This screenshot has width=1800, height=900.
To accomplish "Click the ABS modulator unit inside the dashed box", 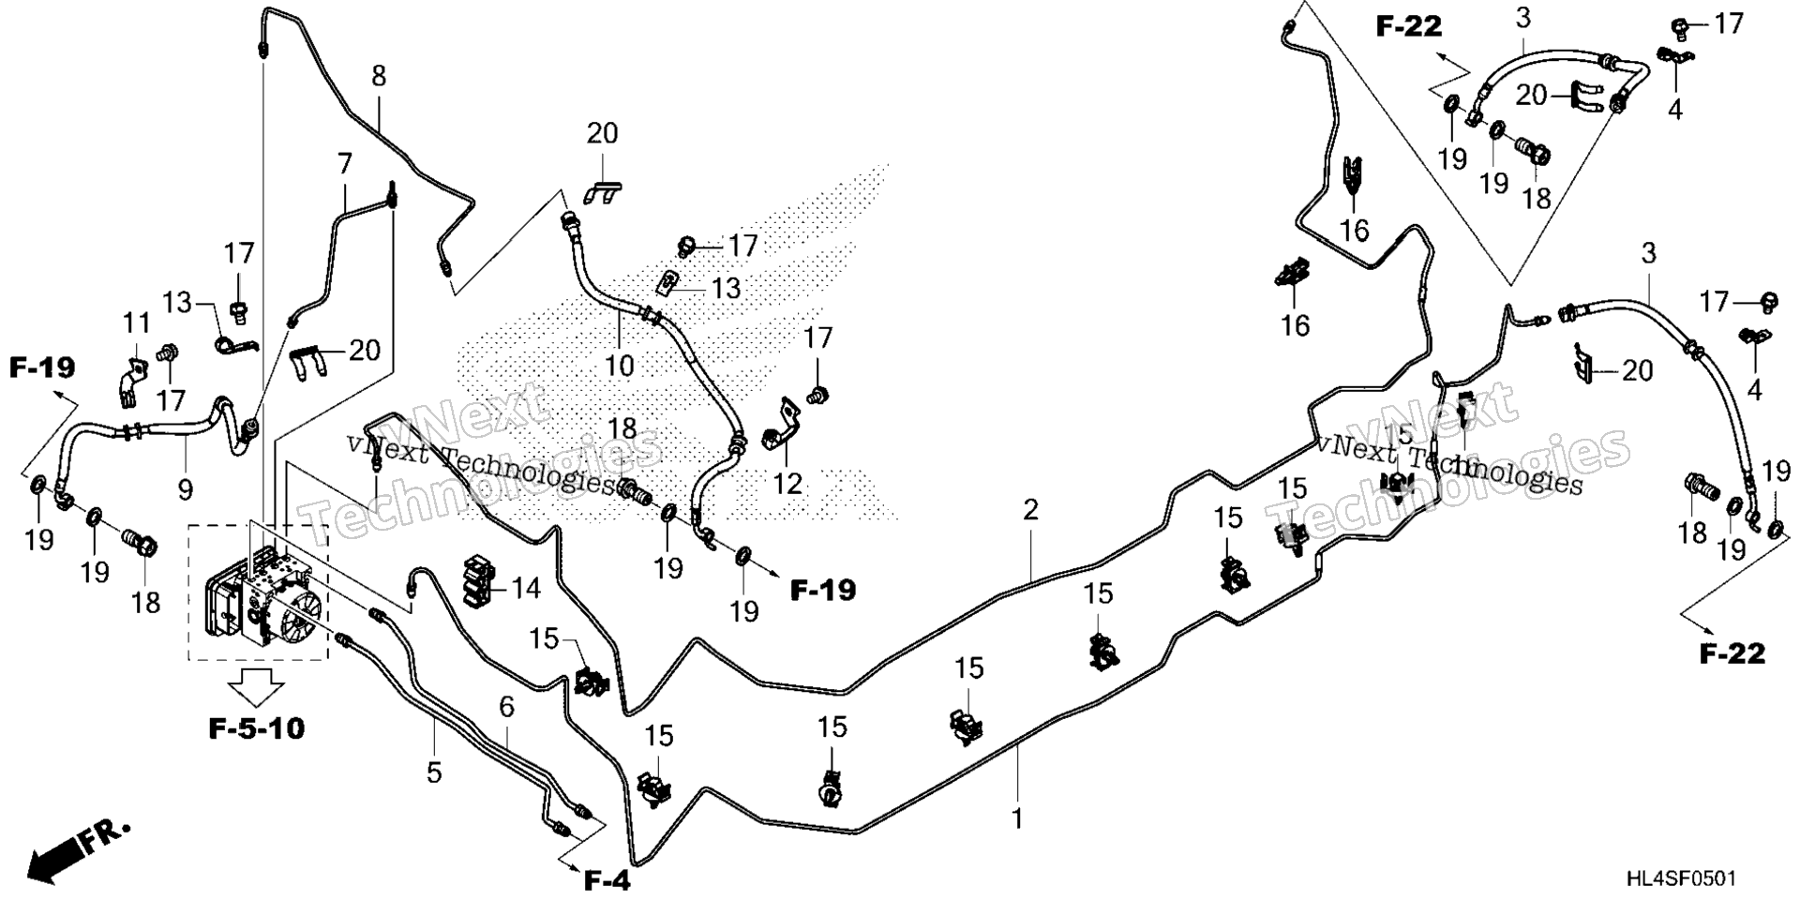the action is pyautogui.click(x=259, y=594).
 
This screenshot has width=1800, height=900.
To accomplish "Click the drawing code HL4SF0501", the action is pyautogui.click(x=1681, y=878).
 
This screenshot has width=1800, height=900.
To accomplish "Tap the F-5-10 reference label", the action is pyautogui.click(x=255, y=728).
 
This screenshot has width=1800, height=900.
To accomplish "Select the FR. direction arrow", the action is pyautogui.click(x=80, y=851).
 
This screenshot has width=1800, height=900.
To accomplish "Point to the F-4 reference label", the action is pyautogui.click(x=607, y=880).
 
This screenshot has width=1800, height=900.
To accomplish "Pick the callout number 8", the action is pyautogui.click(x=378, y=76).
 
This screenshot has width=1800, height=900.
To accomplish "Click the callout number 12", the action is pyautogui.click(x=787, y=483).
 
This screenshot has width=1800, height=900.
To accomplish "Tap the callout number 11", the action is pyautogui.click(x=137, y=323).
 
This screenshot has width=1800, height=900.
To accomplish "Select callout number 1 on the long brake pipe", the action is pyautogui.click(x=1017, y=818).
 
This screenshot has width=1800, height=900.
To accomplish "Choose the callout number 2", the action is pyautogui.click(x=1031, y=510).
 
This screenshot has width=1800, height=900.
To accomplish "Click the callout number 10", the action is pyautogui.click(x=619, y=365).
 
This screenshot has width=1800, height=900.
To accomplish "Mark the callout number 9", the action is pyautogui.click(x=185, y=488).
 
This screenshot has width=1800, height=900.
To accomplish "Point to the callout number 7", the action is pyautogui.click(x=344, y=164).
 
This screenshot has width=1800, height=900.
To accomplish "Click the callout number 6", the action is pyautogui.click(x=506, y=707).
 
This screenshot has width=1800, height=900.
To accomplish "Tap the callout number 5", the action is pyautogui.click(x=433, y=772).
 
